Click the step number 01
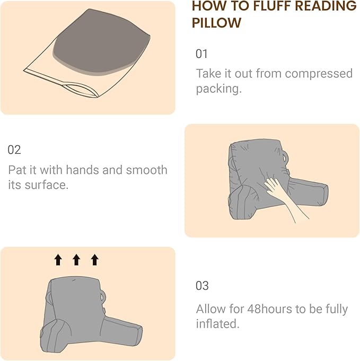coord(201,54)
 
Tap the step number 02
coord(14,150)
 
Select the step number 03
coord(202,286)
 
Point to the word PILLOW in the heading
coord(216,23)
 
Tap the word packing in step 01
coord(218,89)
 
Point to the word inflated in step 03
coord(217,324)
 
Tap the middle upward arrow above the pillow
coord(76,259)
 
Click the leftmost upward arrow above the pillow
coord(58,259)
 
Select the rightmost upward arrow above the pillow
coord(95,259)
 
